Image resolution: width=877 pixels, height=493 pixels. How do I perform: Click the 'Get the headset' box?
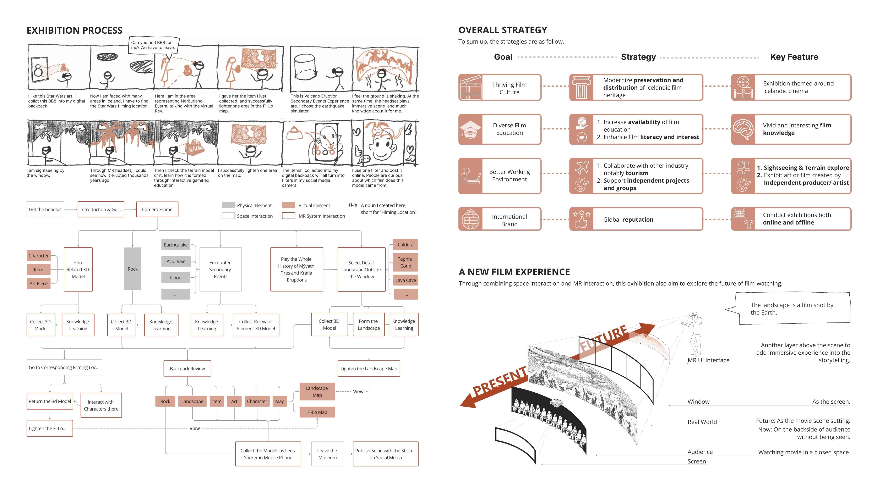tap(45, 209)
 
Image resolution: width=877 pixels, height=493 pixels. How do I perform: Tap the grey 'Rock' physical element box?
tap(132, 269)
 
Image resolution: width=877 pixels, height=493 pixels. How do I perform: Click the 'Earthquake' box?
tap(176, 245)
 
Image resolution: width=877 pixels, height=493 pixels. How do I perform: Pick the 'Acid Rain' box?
tap(176, 261)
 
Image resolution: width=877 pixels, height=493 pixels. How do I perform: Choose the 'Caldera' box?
tap(405, 245)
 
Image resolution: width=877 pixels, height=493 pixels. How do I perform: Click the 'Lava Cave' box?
tap(405, 280)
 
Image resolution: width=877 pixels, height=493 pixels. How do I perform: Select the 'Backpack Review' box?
tap(187, 369)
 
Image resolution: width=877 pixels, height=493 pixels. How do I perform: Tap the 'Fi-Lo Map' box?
tap(317, 412)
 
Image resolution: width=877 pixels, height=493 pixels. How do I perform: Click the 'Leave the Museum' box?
tap(327, 454)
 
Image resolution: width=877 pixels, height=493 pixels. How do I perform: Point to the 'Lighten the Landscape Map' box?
tap(369, 369)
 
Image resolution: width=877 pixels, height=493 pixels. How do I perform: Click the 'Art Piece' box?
tap(38, 283)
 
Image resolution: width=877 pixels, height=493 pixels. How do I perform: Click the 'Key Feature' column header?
tap(794, 57)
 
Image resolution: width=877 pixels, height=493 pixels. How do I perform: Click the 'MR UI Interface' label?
tap(708, 360)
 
